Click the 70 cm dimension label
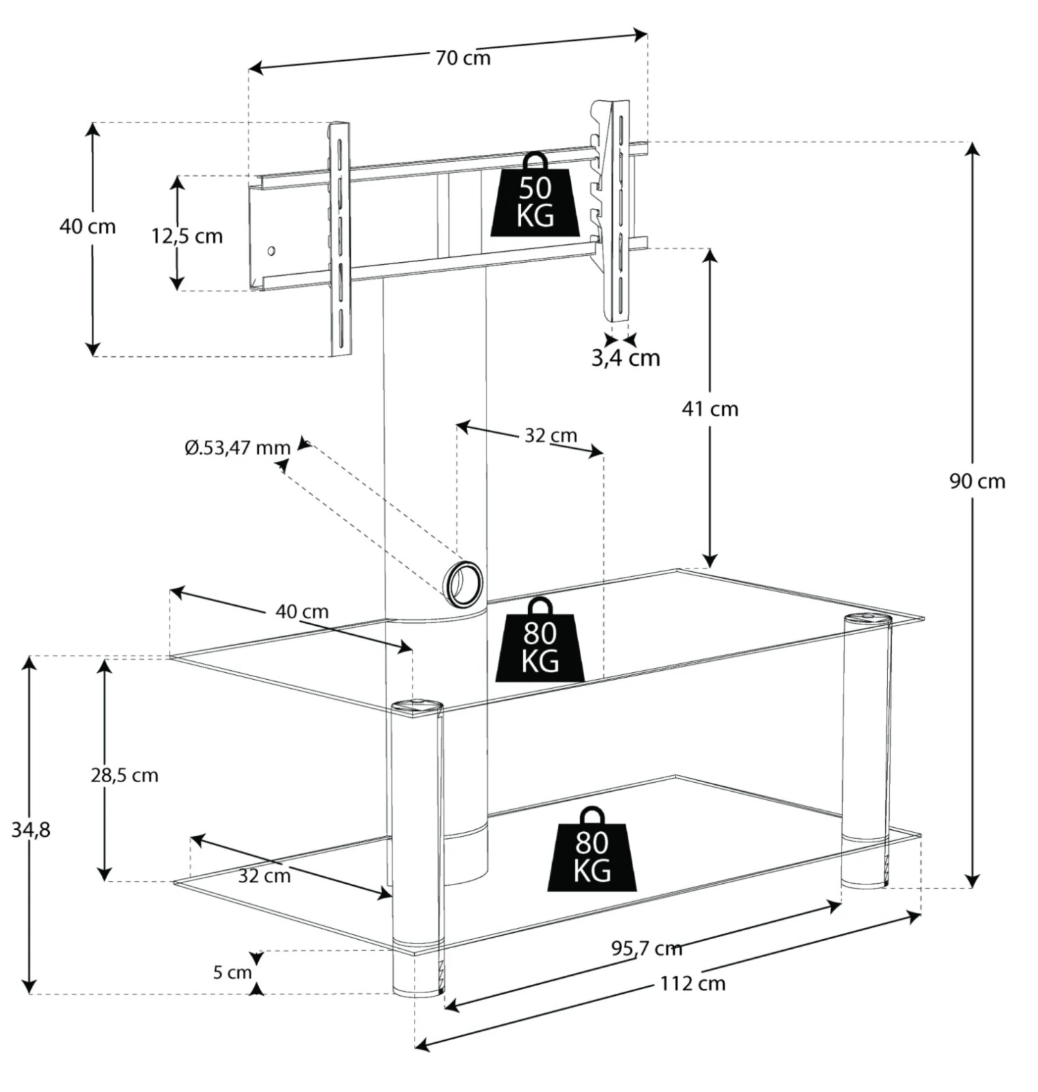(463, 58)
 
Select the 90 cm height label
(976, 481)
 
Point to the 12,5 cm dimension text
(187, 237)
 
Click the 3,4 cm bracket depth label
(626, 358)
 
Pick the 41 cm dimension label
(710, 409)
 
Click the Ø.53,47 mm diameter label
(237, 448)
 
